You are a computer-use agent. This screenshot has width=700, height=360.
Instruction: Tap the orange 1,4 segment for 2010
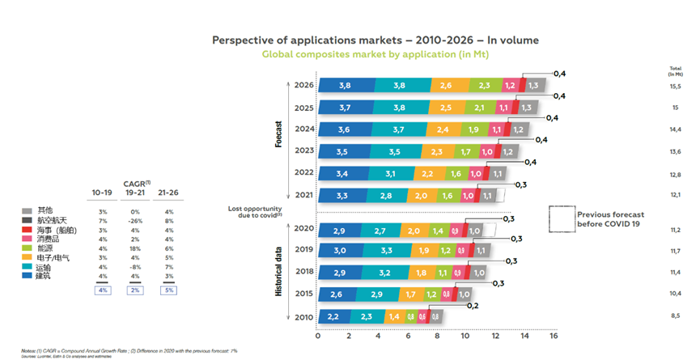pos(394,316)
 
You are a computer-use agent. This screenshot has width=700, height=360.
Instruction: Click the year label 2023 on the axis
pos(303,150)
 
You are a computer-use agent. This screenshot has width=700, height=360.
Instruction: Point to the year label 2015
pos(303,294)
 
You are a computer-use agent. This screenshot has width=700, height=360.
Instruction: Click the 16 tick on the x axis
pos(554,336)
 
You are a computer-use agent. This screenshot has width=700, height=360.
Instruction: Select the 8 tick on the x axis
pos(436,336)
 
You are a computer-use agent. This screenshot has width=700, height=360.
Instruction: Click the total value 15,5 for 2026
pos(674,86)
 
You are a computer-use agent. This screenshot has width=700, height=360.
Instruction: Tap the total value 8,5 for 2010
pos(674,316)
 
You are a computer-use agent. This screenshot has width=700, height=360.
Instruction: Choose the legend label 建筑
pos(45,277)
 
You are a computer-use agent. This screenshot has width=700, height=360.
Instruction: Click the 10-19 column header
pos(102,193)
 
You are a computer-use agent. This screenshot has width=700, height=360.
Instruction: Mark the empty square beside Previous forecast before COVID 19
pos(561,218)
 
